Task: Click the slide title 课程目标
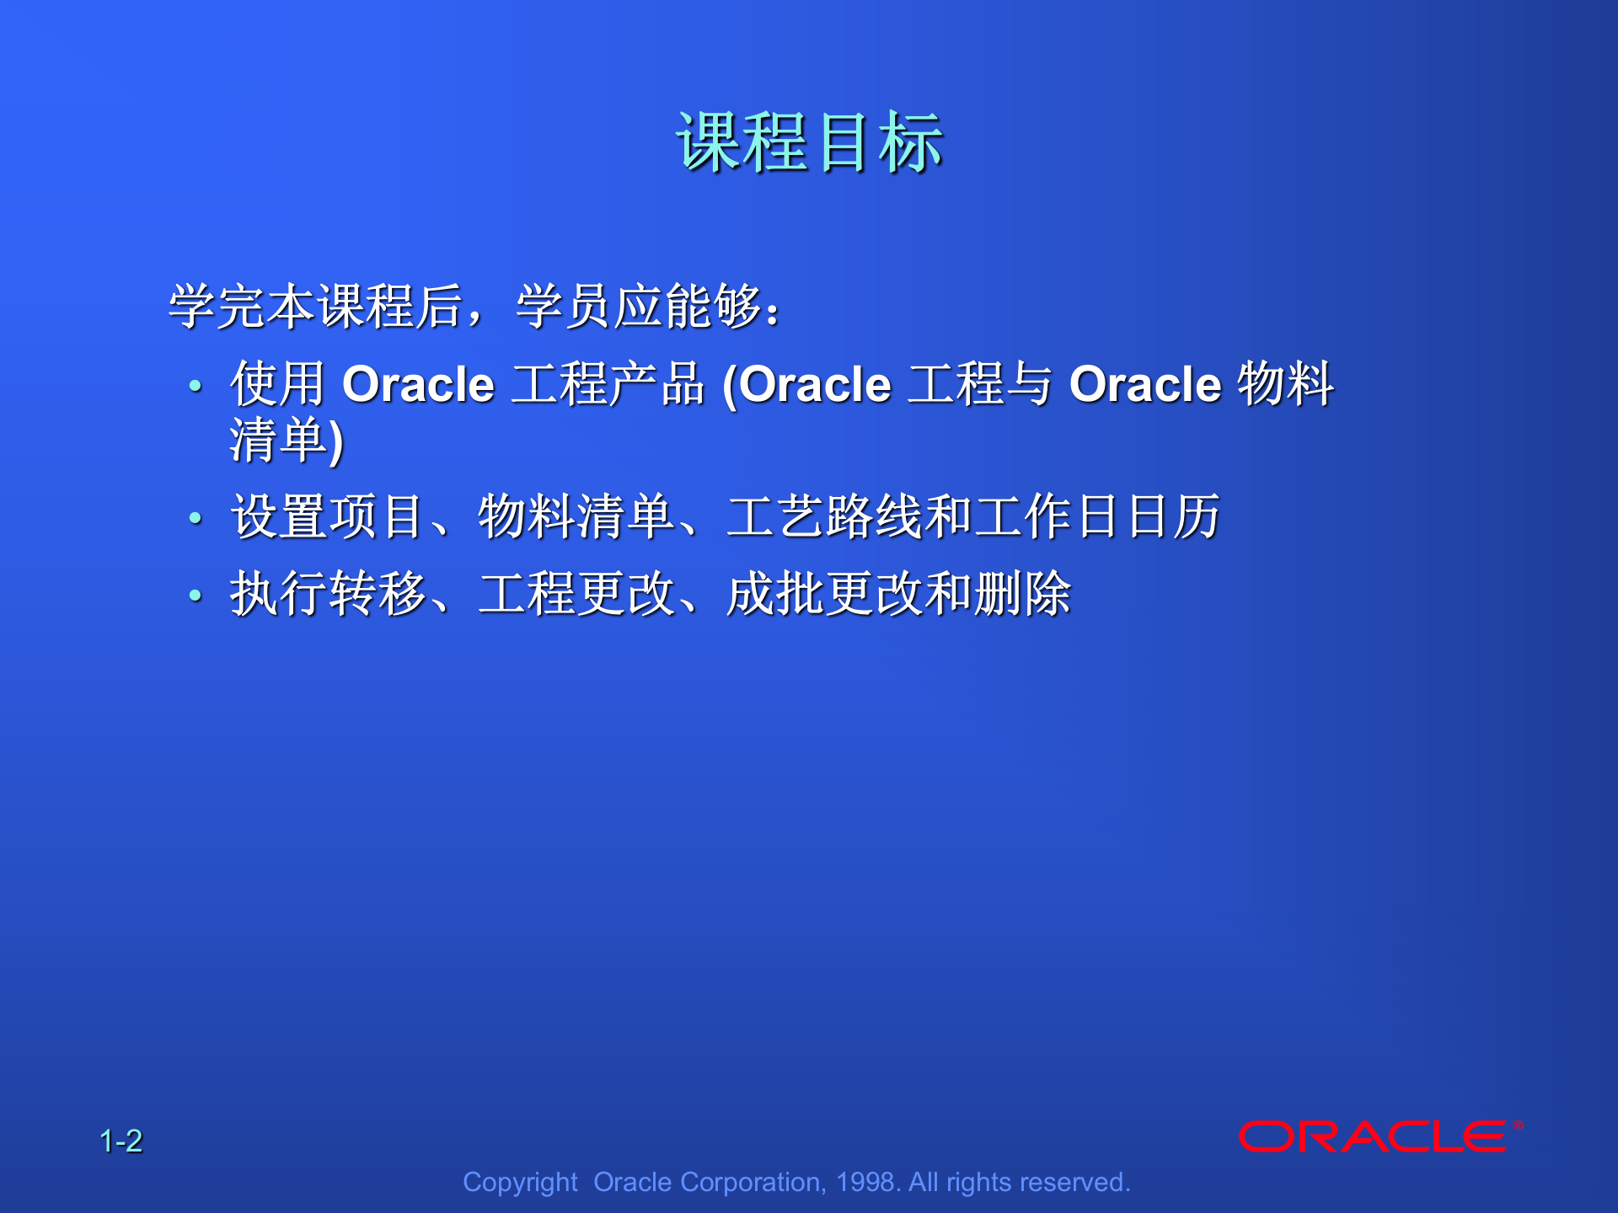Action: click(x=809, y=143)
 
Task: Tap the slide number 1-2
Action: click(x=121, y=1141)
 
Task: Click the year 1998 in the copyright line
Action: click(x=865, y=1182)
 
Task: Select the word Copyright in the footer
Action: click(x=520, y=1182)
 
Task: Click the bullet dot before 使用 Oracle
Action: click(x=196, y=386)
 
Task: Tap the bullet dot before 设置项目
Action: click(x=196, y=518)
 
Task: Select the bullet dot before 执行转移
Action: click(x=196, y=596)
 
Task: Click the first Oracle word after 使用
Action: click(x=418, y=384)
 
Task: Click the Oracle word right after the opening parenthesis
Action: click(x=815, y=384)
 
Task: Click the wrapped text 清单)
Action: click(x=287, y=440)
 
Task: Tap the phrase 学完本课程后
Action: click(x=316, y=306)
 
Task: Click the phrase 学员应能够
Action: click(x=639, y=306)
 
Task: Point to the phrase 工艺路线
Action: click(x=825, y=516)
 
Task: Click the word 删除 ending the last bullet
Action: click(x=1022, y=594)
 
